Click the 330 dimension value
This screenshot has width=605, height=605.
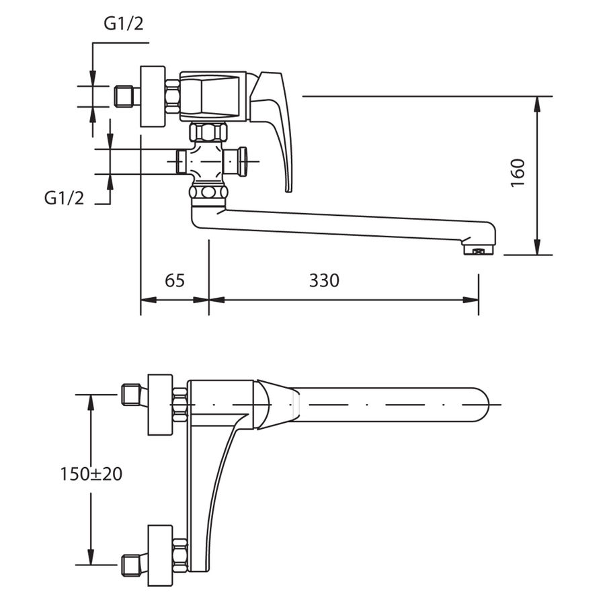click(324, 280)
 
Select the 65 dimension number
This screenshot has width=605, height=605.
click(175, 280)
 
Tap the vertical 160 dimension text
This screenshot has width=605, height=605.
click(518, 173)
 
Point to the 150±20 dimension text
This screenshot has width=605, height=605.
click(91, 474)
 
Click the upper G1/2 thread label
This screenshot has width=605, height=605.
click(124, 24)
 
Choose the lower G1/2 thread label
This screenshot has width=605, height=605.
click(64, 198)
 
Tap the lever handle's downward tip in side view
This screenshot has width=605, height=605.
click(289, 189)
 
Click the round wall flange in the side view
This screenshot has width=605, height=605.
click(153, 96)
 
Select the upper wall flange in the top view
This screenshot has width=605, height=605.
click(161, 405)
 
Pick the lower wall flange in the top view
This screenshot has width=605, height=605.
click(161, 556)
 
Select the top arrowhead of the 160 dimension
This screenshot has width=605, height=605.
click(537, 104)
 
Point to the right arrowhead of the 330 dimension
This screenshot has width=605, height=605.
click(471, 300)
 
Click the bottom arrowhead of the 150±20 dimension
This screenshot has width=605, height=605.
click(91, 557)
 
